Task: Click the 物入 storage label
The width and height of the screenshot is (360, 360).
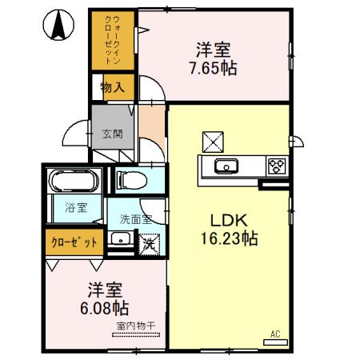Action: click(112, 87)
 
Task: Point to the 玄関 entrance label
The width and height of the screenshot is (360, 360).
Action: click(112, 134)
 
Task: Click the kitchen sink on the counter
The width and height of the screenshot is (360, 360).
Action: click(226, 166)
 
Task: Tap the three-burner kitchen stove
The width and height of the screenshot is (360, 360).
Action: click(277, 166)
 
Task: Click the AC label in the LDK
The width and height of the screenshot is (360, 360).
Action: click(274, 334)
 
